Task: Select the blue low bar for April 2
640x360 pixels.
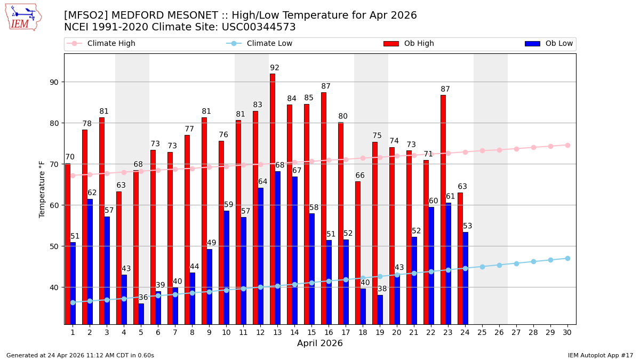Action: pyautogui.click(x=90, y=261)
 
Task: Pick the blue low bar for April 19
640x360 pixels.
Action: pyautogui.click(x=380, y=309)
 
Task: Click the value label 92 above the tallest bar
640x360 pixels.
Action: pyautogui.click(x=275, y=68)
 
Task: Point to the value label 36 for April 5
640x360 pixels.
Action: pyautogui.click(x=143, y=298)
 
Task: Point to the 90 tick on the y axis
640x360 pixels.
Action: pyautogui.click(x=55, y=82)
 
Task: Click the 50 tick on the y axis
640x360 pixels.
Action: pyautogui.click(x=55, y=246)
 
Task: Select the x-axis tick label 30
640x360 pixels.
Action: pyautogui.click(x=567, y=332)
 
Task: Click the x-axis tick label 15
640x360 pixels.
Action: pyautogui.click(x=311, y=332)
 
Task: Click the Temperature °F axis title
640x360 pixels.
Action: pyautogui.click(x=42, y=189)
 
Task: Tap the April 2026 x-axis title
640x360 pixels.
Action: pyautogui.click(x=320, y=343)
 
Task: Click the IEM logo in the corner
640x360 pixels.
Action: pyautogui.click(x=23, y=17)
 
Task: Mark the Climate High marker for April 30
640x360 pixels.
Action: pyautogui.click(x=567, y=145)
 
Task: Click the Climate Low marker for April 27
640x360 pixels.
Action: pyautogui.click(x=516, y=263)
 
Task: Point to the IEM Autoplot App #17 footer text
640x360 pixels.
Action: pyautogui.click(x=601, y=355)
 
